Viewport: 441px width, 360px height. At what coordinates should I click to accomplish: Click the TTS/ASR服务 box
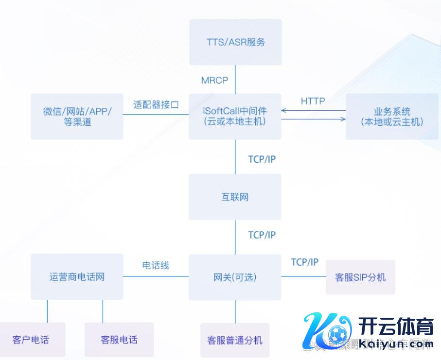[235, 42]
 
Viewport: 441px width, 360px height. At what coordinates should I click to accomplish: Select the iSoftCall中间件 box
[235, 117]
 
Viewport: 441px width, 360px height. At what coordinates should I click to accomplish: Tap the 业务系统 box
[392, 117]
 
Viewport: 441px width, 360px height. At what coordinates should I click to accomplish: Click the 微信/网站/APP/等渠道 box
[77, 117]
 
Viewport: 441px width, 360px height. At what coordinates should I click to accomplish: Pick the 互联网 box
[235, 197]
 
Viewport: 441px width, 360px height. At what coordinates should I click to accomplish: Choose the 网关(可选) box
[235, 277]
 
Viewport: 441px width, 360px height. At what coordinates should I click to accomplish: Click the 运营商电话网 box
[77, 277]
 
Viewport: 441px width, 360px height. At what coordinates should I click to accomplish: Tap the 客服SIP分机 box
[360, 277]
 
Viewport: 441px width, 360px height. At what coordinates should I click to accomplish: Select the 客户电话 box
[31, 340]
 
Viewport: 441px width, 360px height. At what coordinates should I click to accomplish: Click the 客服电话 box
[119, 340]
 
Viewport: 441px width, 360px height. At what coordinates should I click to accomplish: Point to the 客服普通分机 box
[235, 340]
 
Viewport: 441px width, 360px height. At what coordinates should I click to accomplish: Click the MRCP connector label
[214, 81]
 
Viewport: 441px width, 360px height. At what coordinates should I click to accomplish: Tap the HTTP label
[313, 101]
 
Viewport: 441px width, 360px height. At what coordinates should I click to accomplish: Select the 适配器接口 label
[156, 104]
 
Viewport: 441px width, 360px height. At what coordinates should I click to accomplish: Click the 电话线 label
[156, 265]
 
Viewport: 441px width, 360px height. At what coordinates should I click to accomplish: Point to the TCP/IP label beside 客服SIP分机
[305, 262]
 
